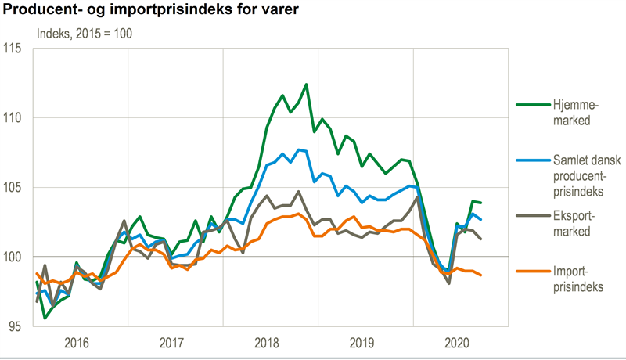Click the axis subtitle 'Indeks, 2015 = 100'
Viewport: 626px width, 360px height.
coord(84,34)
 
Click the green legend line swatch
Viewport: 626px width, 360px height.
coord(531,104)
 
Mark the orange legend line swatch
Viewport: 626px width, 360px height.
coord(531,272)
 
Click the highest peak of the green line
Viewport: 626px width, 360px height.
coord(306,84)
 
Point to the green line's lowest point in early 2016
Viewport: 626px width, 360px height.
coord(45,318)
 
